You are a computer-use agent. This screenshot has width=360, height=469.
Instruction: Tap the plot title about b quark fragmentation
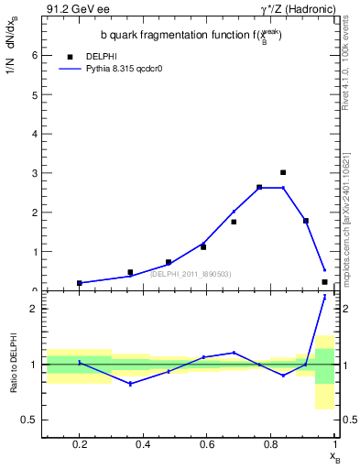pos(191,36)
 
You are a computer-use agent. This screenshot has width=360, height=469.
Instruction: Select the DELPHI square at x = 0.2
pos(80,283)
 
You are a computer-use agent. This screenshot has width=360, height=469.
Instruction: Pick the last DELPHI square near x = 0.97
pos(324,282)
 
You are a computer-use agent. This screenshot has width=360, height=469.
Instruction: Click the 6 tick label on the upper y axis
pos(35,55)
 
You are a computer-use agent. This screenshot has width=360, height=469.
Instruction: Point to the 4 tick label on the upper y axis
pos(35,134)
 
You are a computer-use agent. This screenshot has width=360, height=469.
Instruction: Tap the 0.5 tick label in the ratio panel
pos(30,420)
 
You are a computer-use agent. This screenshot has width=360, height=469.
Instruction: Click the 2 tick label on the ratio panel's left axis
pos(35,309)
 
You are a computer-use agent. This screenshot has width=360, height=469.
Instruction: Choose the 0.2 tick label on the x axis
pos(80,446)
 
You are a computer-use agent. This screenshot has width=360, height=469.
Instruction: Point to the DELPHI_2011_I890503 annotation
pos(191,274)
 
